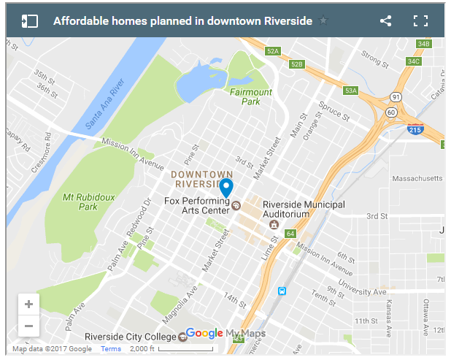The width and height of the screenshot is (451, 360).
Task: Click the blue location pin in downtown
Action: pos(226,187)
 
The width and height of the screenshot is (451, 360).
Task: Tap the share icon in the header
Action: pos(386,21)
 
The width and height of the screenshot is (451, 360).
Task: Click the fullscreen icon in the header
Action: pos(420,21)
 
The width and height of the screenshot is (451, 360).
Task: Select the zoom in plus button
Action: pos(28,305)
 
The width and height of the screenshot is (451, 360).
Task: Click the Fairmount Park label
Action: pos(250,97)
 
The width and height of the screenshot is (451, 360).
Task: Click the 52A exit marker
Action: pos(273,51)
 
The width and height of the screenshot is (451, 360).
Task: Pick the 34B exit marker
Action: pos(423,44)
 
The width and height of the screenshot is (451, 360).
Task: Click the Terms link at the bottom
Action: pos(111,349)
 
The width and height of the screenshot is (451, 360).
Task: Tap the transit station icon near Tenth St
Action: pos(282,291)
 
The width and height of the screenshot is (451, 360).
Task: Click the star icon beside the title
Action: pos(323,20)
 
